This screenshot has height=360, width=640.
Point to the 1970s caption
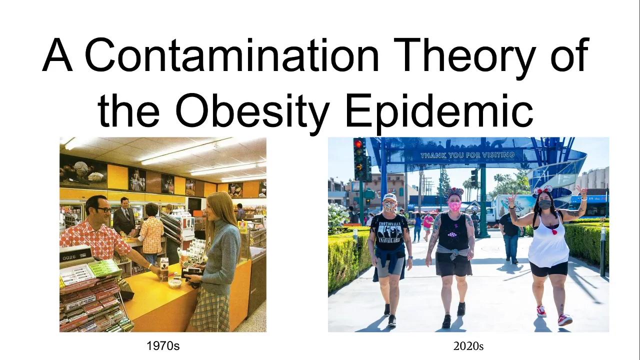click(162, 345)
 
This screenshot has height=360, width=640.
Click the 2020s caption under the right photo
click(468, 345)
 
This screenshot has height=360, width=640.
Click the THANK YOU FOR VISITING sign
click(467, 155)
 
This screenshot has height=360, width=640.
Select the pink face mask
click(454, 206)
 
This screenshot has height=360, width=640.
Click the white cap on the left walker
click(389, 197)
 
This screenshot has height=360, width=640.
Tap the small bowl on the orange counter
click(175, 283)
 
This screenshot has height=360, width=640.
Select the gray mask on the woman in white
click(544, 204)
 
